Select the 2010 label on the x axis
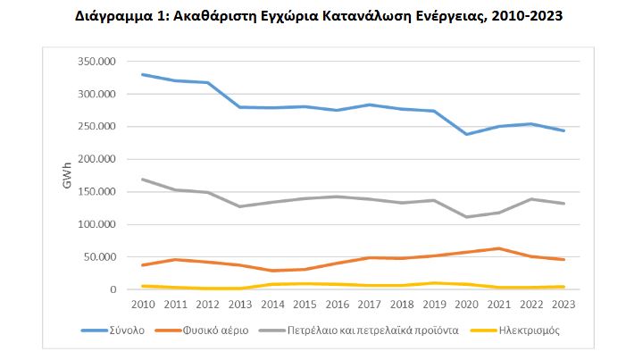[x=142, y=305]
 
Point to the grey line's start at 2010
[x=142, y=179]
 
